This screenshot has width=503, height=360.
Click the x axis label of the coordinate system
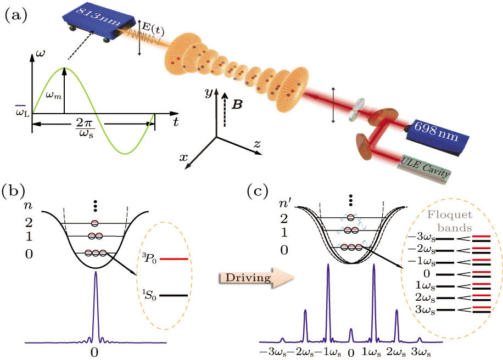click(x=185, y=157)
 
